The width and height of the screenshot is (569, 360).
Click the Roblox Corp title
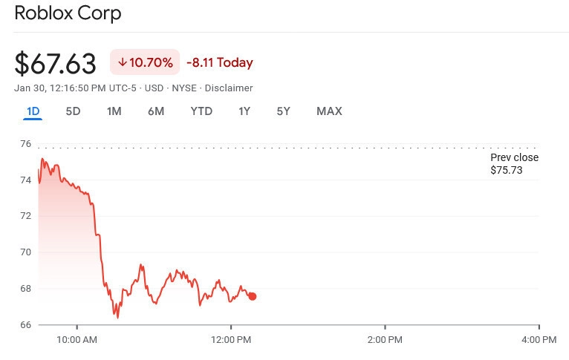click(x=68, y=13)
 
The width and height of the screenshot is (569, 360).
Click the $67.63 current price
click(x=56, y=64)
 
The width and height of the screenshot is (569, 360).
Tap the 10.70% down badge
click(x=145, y=63)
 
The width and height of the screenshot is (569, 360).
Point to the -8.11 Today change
click(x=219, y=63)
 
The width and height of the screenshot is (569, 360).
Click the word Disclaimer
click(x=229, y=88)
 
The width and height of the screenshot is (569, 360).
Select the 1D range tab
click(x=33, y=111)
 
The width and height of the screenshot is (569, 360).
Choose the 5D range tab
click(x=73, y=111)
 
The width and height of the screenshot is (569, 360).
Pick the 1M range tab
click(x=114, y=111)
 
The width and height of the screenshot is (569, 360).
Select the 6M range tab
click(x=156, y=111)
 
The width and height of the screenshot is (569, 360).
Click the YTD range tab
click(x=201, y=111)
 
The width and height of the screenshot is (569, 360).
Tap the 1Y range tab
click(x=244, y=111)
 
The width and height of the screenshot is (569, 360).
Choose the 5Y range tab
click(x=283, y=111)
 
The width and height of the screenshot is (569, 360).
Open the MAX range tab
click(x=329, y=111)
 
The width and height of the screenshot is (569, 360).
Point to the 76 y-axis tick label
click(x=25, y=144)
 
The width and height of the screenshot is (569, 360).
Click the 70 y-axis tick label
click(x=25, y=252)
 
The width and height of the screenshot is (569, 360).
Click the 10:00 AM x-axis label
click(x=77, y=340)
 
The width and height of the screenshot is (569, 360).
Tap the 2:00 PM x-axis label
click(x=385, y=340)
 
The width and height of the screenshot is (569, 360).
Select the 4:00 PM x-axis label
click(x=539, y=340)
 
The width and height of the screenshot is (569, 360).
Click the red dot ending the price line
click(x=253, y=296)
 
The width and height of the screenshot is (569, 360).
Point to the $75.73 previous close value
click(x=507, y=171)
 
